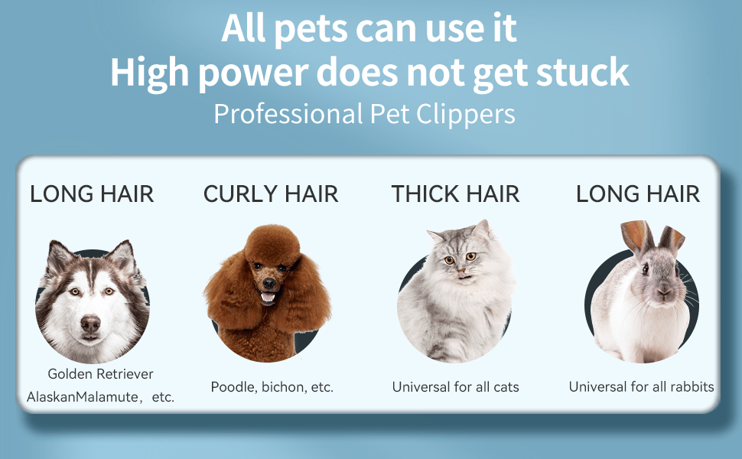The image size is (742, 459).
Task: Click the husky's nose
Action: click(x=90, y=324)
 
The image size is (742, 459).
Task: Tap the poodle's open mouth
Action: click(x=268, y=298)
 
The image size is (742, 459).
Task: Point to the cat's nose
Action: click(x=460, y=272)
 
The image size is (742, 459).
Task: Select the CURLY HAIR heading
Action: click(x=271, y=194)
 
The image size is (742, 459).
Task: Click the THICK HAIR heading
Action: click(x=455, y=194)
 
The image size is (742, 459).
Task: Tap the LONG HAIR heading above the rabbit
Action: click(x=638, y=194)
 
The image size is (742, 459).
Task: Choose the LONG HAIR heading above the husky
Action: click(x=92, y=194)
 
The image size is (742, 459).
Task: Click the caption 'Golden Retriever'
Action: click(x=100, y=374)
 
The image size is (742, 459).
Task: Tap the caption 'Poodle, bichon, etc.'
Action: click(x=272, y=387)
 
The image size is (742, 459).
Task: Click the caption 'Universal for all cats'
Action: click(x=456, y=387)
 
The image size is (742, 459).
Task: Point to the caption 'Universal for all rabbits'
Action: click(x=641, y=387)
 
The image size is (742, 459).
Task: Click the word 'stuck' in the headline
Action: click(x=582, y=73)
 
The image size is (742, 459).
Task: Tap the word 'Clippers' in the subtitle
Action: click(x=466, y=115)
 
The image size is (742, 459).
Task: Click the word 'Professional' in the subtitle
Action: click(x=288, y=114)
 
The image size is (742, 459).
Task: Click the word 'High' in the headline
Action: click(x=149, y=73)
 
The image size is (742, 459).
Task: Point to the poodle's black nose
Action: click(x=268, y=284)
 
